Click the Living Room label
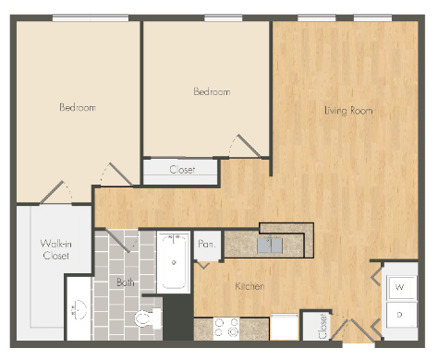click(x=348, y=111)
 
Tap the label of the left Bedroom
click(x=78, y=108)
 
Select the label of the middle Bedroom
click(x=211, y=92)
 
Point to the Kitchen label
click(x=249, y=286)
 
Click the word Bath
click(x=127, y=282)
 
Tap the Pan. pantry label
click(x=207, y=244)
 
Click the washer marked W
click(x=400, y=287)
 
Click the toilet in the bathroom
click(x=144, y=319)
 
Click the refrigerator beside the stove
click(x=284, y=328)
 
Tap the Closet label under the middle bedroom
click(x=181, y=170)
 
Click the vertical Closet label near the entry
click(x=322, y=324)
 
